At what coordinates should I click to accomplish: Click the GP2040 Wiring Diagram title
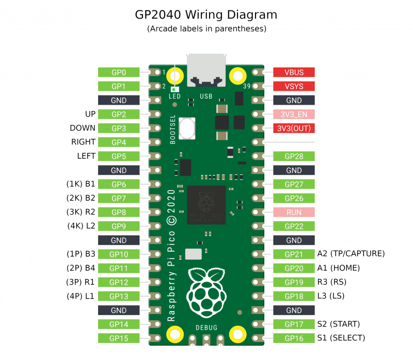[206, 14]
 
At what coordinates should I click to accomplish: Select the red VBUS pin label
[294, 73]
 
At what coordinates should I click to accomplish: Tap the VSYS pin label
[294, 86]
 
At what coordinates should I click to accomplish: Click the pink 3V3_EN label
[294, 114]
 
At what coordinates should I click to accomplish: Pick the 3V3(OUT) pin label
[294, 128]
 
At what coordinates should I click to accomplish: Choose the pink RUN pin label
[294, 212]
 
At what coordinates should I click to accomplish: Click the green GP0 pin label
[119, 73]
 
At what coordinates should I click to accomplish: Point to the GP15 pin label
[119, 338]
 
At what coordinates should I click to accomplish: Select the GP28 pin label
[294, 156]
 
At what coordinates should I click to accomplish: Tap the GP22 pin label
[294, 226]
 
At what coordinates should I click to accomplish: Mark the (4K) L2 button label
[81, 226]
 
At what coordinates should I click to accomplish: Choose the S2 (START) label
[338, 324]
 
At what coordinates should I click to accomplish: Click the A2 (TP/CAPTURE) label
[351, 254]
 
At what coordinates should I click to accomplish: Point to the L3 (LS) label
[330, 296]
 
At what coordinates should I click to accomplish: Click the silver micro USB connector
[206, 70]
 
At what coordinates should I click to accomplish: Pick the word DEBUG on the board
[206, 328]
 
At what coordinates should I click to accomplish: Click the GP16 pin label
[294, 338]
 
